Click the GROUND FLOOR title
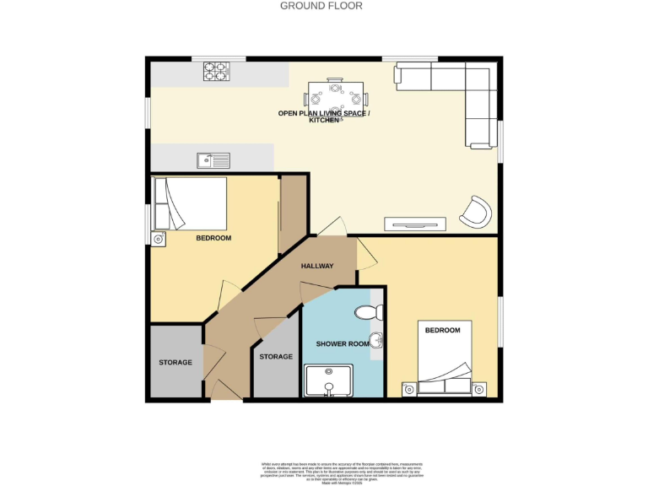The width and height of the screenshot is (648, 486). (321, 6)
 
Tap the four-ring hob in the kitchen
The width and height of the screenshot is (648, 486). (216, 72)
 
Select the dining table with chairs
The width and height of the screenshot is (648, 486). (337, 94)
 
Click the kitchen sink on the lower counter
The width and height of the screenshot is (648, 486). (213, 159)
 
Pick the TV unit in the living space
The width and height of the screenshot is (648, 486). (414, 224)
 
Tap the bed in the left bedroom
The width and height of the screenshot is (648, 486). (190, 202)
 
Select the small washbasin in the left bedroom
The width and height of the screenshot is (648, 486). (159, 240)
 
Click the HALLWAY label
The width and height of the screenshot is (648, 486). (317, 267)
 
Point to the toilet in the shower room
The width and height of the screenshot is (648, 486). (370, 313)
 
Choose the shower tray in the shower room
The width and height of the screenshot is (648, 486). (330, 381)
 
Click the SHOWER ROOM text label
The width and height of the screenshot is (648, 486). (343, 344)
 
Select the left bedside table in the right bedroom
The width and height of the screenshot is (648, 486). (408, 389)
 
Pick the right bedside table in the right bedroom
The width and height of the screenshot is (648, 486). (479, 389)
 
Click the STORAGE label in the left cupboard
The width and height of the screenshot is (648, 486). (175, 363)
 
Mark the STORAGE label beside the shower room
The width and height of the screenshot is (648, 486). (276, 357)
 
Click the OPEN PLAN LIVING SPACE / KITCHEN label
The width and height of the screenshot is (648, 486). (324, 116)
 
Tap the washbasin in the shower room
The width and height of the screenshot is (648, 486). (379, 342)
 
